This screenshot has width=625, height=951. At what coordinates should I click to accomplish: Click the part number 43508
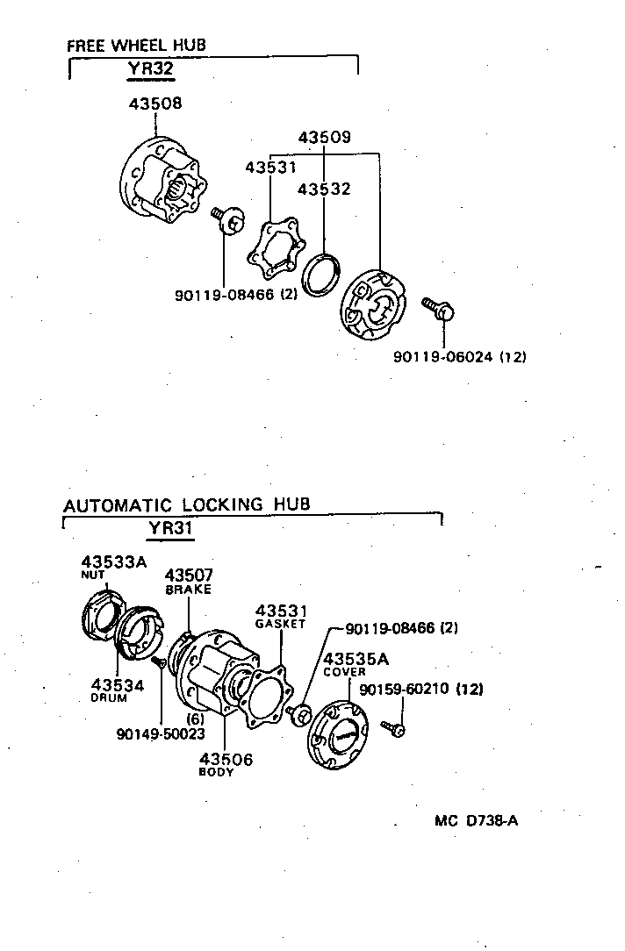pyautogui.click(x=155, y=104)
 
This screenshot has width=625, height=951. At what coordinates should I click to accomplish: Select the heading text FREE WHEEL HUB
pyautogui.click(x=137, y=46)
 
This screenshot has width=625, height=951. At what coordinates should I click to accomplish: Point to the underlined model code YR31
pyautogui.click(x=169, y=529)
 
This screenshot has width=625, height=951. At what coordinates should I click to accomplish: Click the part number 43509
pyautogui.click(x=324, y=138)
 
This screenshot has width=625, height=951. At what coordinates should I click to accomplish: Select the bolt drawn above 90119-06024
pyautogui.click(x=437, y=308)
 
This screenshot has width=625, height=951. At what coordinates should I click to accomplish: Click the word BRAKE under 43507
pyautogui.click(x=189, y=590)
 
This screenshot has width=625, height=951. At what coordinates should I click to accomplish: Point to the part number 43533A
pyautogui.click(x=114, y=561)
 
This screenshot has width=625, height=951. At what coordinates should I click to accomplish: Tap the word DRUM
pyautogui.click(x=110, y=698)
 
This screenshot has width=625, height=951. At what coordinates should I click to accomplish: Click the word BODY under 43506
pyautogui.click(x=217, y=773)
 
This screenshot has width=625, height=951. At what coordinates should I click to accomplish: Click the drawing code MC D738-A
pyautogui.click(x=476, y=822)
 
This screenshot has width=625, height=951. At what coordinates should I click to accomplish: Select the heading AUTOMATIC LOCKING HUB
pyautogui.click(x=187, y=505)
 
